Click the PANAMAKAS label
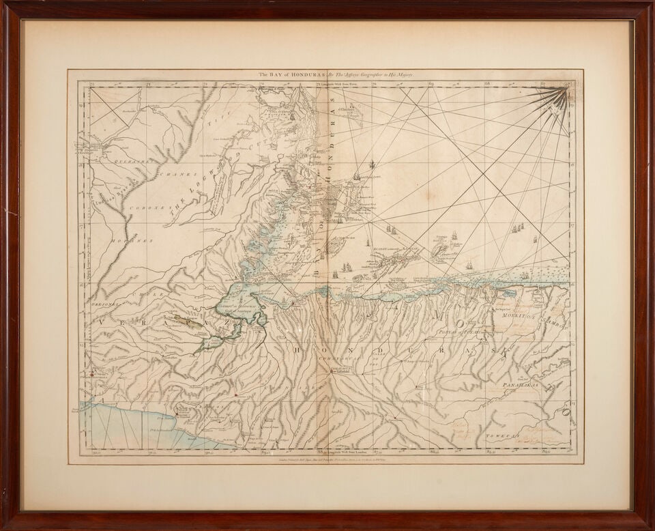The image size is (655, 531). [x=525, y=386]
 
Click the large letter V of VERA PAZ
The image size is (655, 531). [x=106, y=319]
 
